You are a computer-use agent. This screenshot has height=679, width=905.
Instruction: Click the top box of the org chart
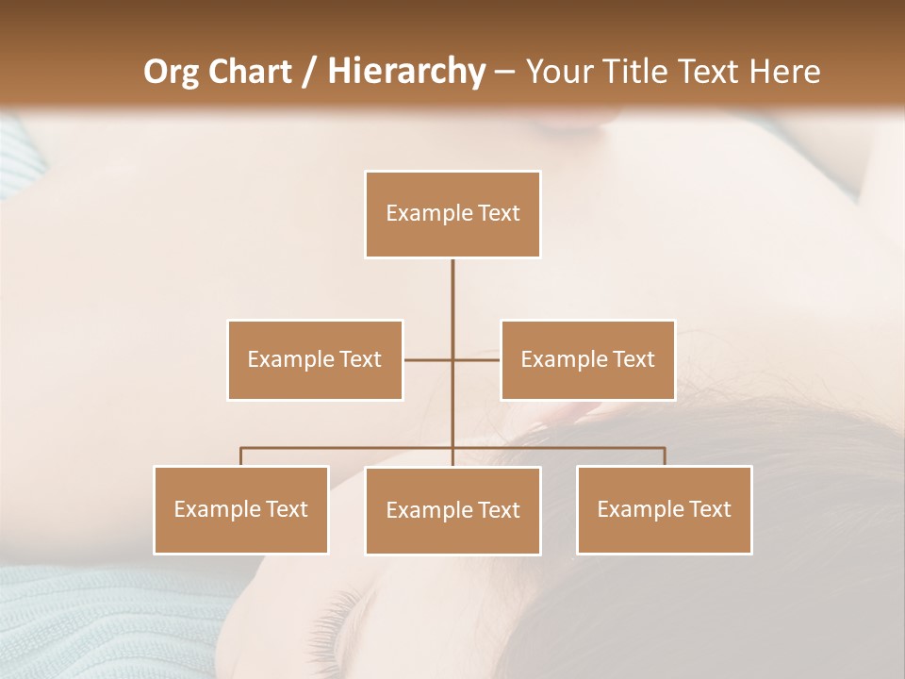[452, 214]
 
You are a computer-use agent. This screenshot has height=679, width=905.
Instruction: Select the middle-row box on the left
[315, 359]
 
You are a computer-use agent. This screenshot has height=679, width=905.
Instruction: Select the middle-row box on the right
[587, 359]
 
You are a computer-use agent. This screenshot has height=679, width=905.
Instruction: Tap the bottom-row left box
[240, 509]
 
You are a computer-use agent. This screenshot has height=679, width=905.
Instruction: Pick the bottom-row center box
[452, 510]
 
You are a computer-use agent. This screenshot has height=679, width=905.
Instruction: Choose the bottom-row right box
[664, 509]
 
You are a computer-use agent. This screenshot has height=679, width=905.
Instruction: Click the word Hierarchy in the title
[405, 72]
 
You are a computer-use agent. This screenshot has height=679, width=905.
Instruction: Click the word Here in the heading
[784, 72]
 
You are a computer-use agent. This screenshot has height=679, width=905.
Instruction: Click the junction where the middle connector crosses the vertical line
[452, 359]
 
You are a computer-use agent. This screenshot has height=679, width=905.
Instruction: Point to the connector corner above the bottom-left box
[241, 449]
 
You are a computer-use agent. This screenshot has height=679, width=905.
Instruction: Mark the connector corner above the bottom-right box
[664, 449]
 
